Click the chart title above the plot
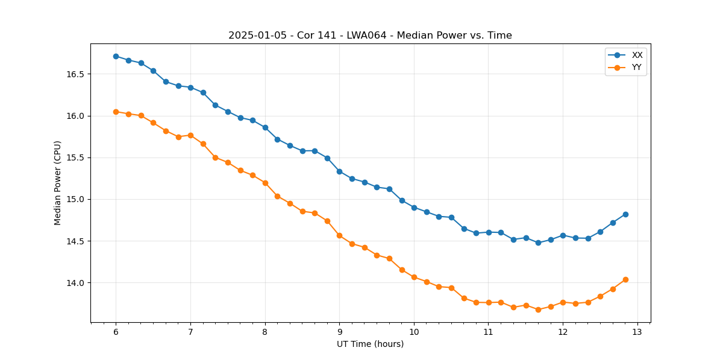tap(370, 36)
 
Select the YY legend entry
tap(636, 68)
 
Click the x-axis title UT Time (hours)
tap(370, 345)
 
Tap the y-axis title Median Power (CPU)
tap(58, 183)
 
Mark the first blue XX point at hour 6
tap(116, 56)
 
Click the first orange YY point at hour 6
tap(116, 112)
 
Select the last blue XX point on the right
tap(625, 214)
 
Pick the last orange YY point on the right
tap(625, 279)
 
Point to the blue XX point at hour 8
tap(265, 127)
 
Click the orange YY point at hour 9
tap(339, 235)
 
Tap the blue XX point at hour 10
tap(414, 208)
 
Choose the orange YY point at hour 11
tap(489, 302)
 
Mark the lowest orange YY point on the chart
tap(538, 310)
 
